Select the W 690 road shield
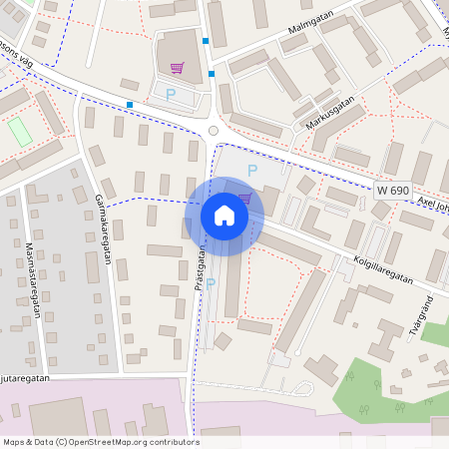(x=393, y=190)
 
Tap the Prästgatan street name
(x=200, y=270)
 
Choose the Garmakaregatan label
(x=103, y=228)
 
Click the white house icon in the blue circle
(x=224, y=216)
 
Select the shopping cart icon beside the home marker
(x=245, y=199)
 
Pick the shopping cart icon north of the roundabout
(x=177, y=68)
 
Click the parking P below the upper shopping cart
(x=171, y=95)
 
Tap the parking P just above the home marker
(x=251, y=171)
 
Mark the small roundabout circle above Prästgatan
(x=212, y=131)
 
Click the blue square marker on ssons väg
(x=130, y=104)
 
